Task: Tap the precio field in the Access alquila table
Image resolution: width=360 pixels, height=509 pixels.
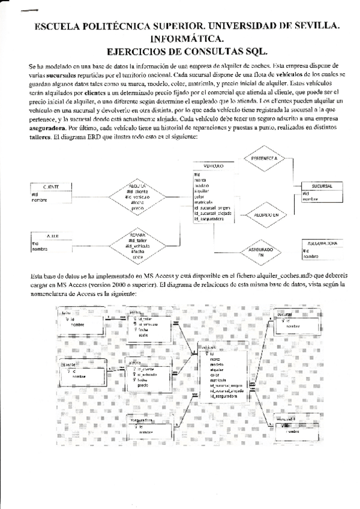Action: [143, 385]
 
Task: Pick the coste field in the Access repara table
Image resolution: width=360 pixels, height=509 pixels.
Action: [143, 334]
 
